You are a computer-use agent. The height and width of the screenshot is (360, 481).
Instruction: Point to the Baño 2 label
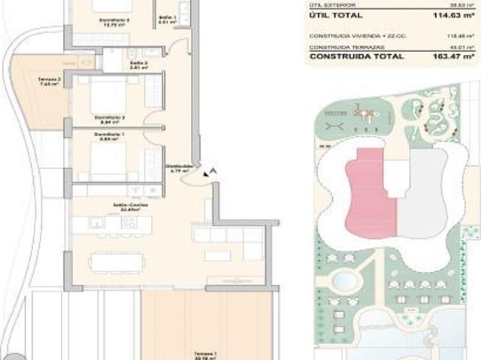pos(136,65)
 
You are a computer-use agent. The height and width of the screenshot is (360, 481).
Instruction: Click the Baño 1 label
pos(168,18)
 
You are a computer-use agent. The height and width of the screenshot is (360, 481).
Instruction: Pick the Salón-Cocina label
pos(109,205)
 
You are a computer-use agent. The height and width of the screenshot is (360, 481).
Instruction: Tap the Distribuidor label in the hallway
pos(179,168)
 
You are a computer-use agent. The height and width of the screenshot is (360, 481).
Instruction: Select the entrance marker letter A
pos(215,171)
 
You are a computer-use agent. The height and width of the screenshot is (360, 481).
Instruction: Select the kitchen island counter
pos(120,222)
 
